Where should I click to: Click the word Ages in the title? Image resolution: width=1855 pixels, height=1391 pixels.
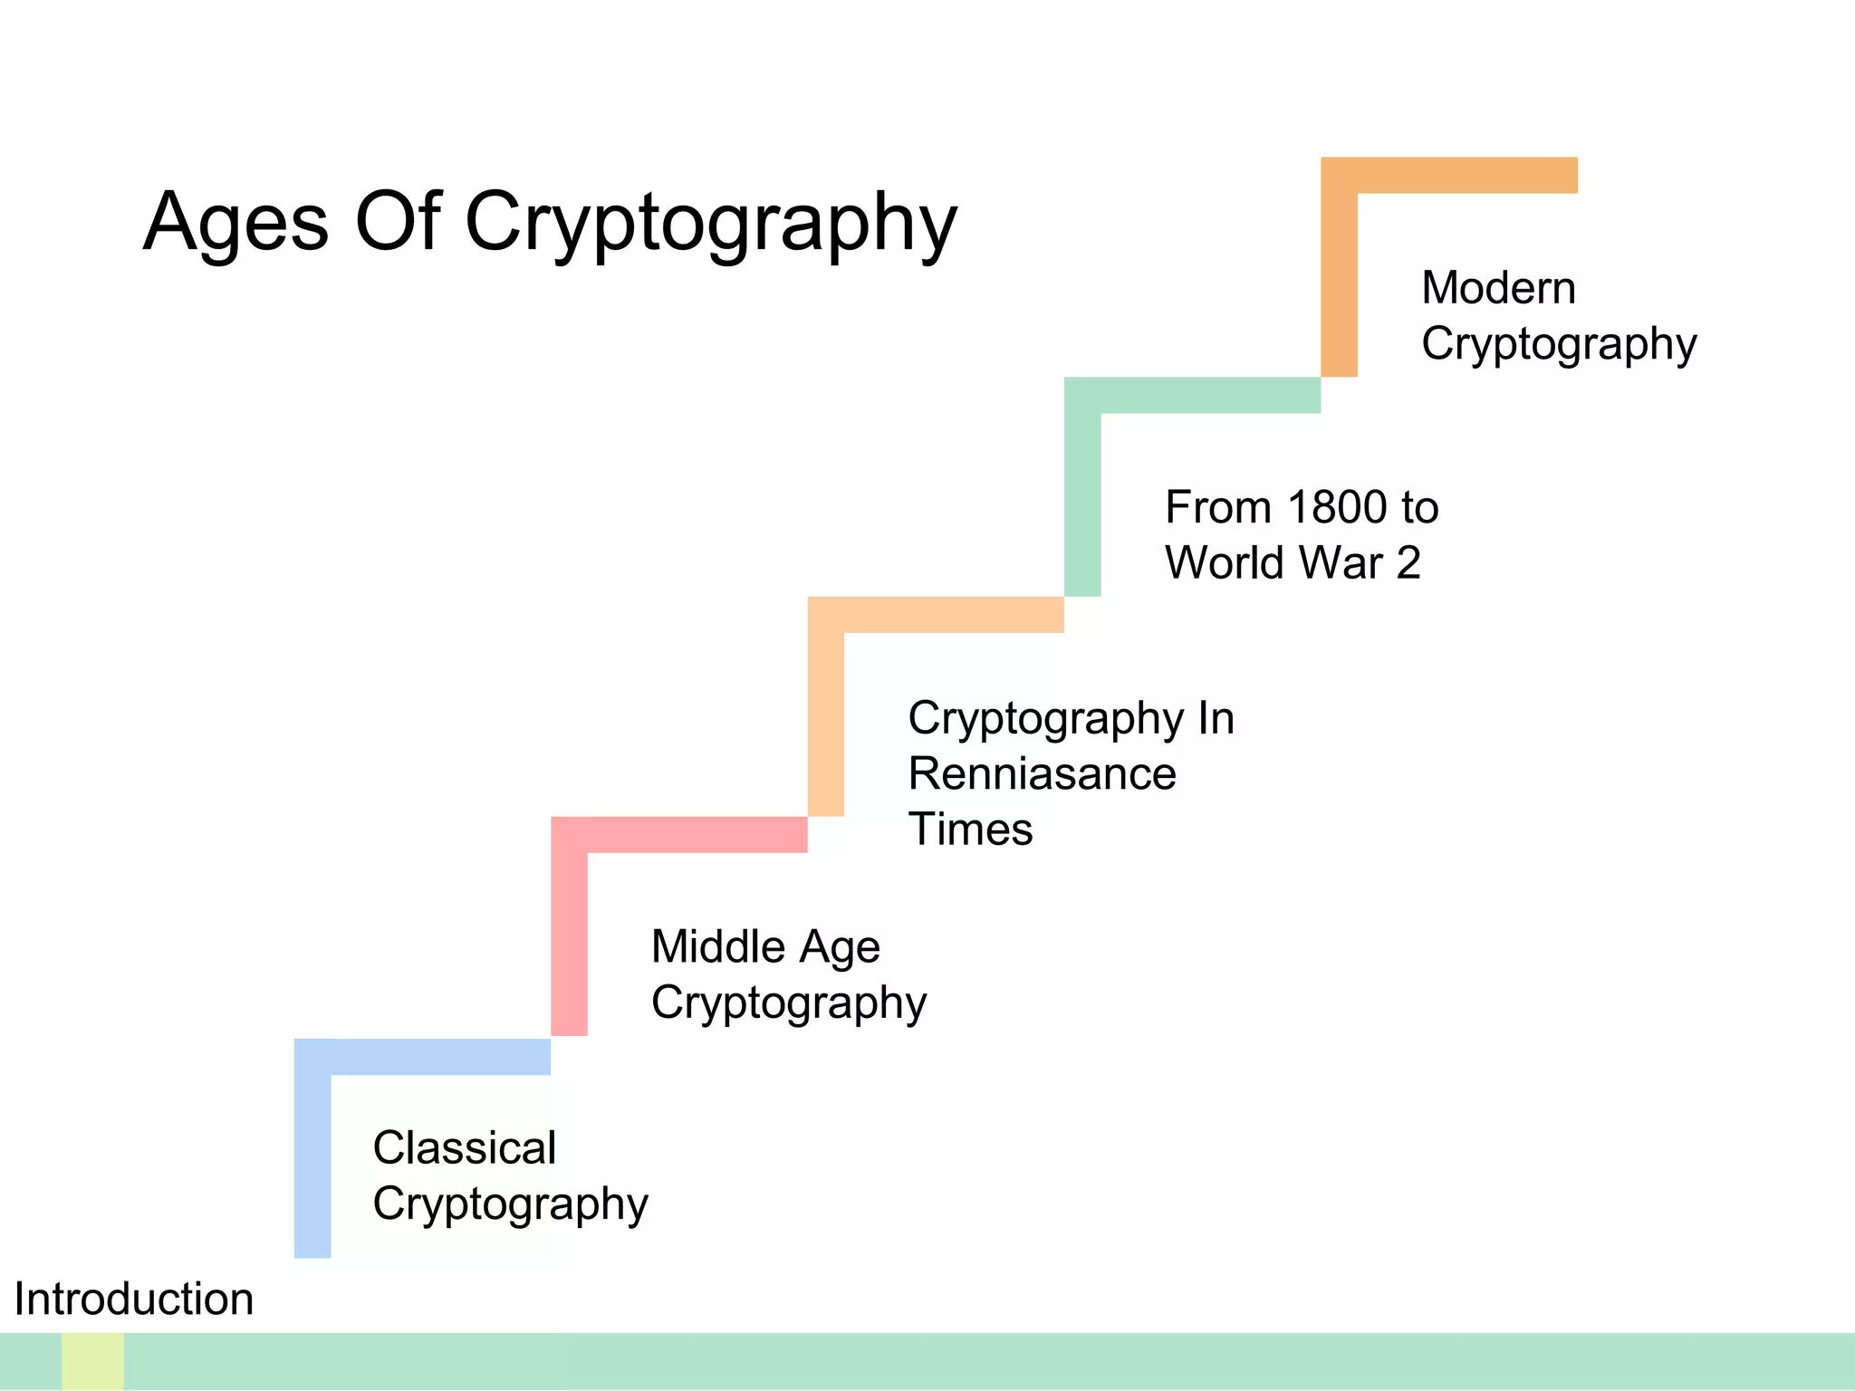click(x=235, y=223)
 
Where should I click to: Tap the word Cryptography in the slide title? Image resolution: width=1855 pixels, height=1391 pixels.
click(x=710, y=223)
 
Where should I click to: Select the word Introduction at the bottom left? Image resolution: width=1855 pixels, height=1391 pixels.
click(x=134, y=1300)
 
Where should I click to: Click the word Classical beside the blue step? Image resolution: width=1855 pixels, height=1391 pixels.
click(x=465, y=1148)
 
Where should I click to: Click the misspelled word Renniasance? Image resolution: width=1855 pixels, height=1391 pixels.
click(x=1042, y=774)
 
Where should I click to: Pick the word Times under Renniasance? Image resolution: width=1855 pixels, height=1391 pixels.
click(x=970, y=830)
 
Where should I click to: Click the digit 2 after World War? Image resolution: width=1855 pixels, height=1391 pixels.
click(x=1408, y=563)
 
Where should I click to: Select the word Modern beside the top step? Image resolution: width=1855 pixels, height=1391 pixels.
click(x=1498, y=288)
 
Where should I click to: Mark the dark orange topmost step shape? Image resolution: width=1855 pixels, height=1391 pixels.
click(x=1340, y=272)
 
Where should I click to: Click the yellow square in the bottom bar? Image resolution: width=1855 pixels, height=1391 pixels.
click(x=92, y=1361)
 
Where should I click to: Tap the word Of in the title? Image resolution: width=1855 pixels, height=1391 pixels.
click(x=397, y=223)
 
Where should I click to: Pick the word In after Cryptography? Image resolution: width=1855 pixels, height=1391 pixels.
click(x=1216, y=719)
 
